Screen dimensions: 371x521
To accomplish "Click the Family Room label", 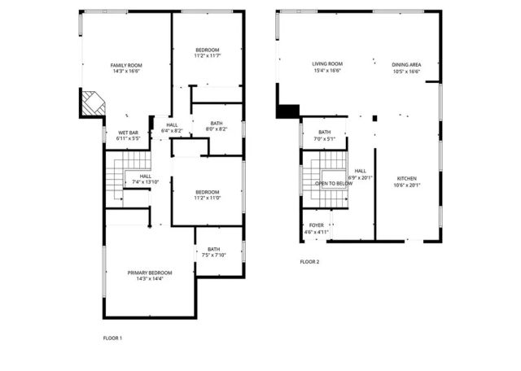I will [126, 65].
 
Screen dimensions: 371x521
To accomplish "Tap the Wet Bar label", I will [128, 133].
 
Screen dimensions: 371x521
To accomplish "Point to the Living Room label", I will [326, 64].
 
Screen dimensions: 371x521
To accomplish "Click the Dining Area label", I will [405, 64].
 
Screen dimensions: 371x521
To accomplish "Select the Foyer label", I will [316, 225].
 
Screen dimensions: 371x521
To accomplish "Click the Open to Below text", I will [334, 184].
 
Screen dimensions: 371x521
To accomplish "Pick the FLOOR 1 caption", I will [112, 338].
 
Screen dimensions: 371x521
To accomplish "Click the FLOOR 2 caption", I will [309, 262].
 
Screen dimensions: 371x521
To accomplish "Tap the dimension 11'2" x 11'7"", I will [208, 56].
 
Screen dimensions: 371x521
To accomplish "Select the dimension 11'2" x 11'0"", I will [207, 198].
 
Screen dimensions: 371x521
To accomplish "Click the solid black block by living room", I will [287, 111].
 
